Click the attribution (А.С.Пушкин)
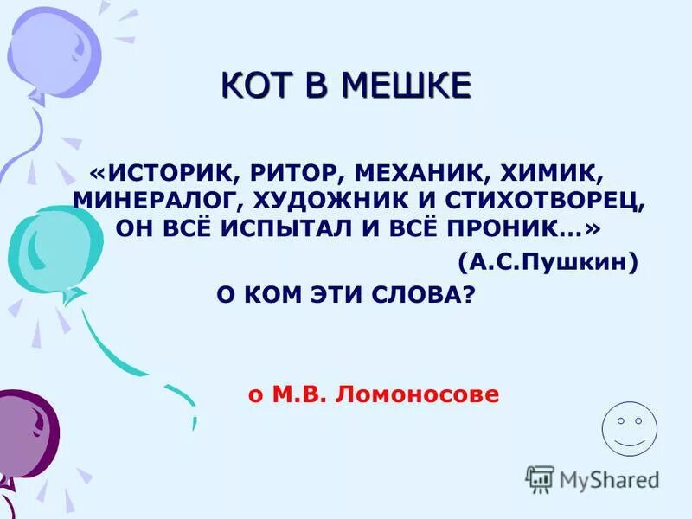click(x=548, y=260)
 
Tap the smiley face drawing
click(x=629, y=426)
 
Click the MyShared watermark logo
click(x=593, y=477)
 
